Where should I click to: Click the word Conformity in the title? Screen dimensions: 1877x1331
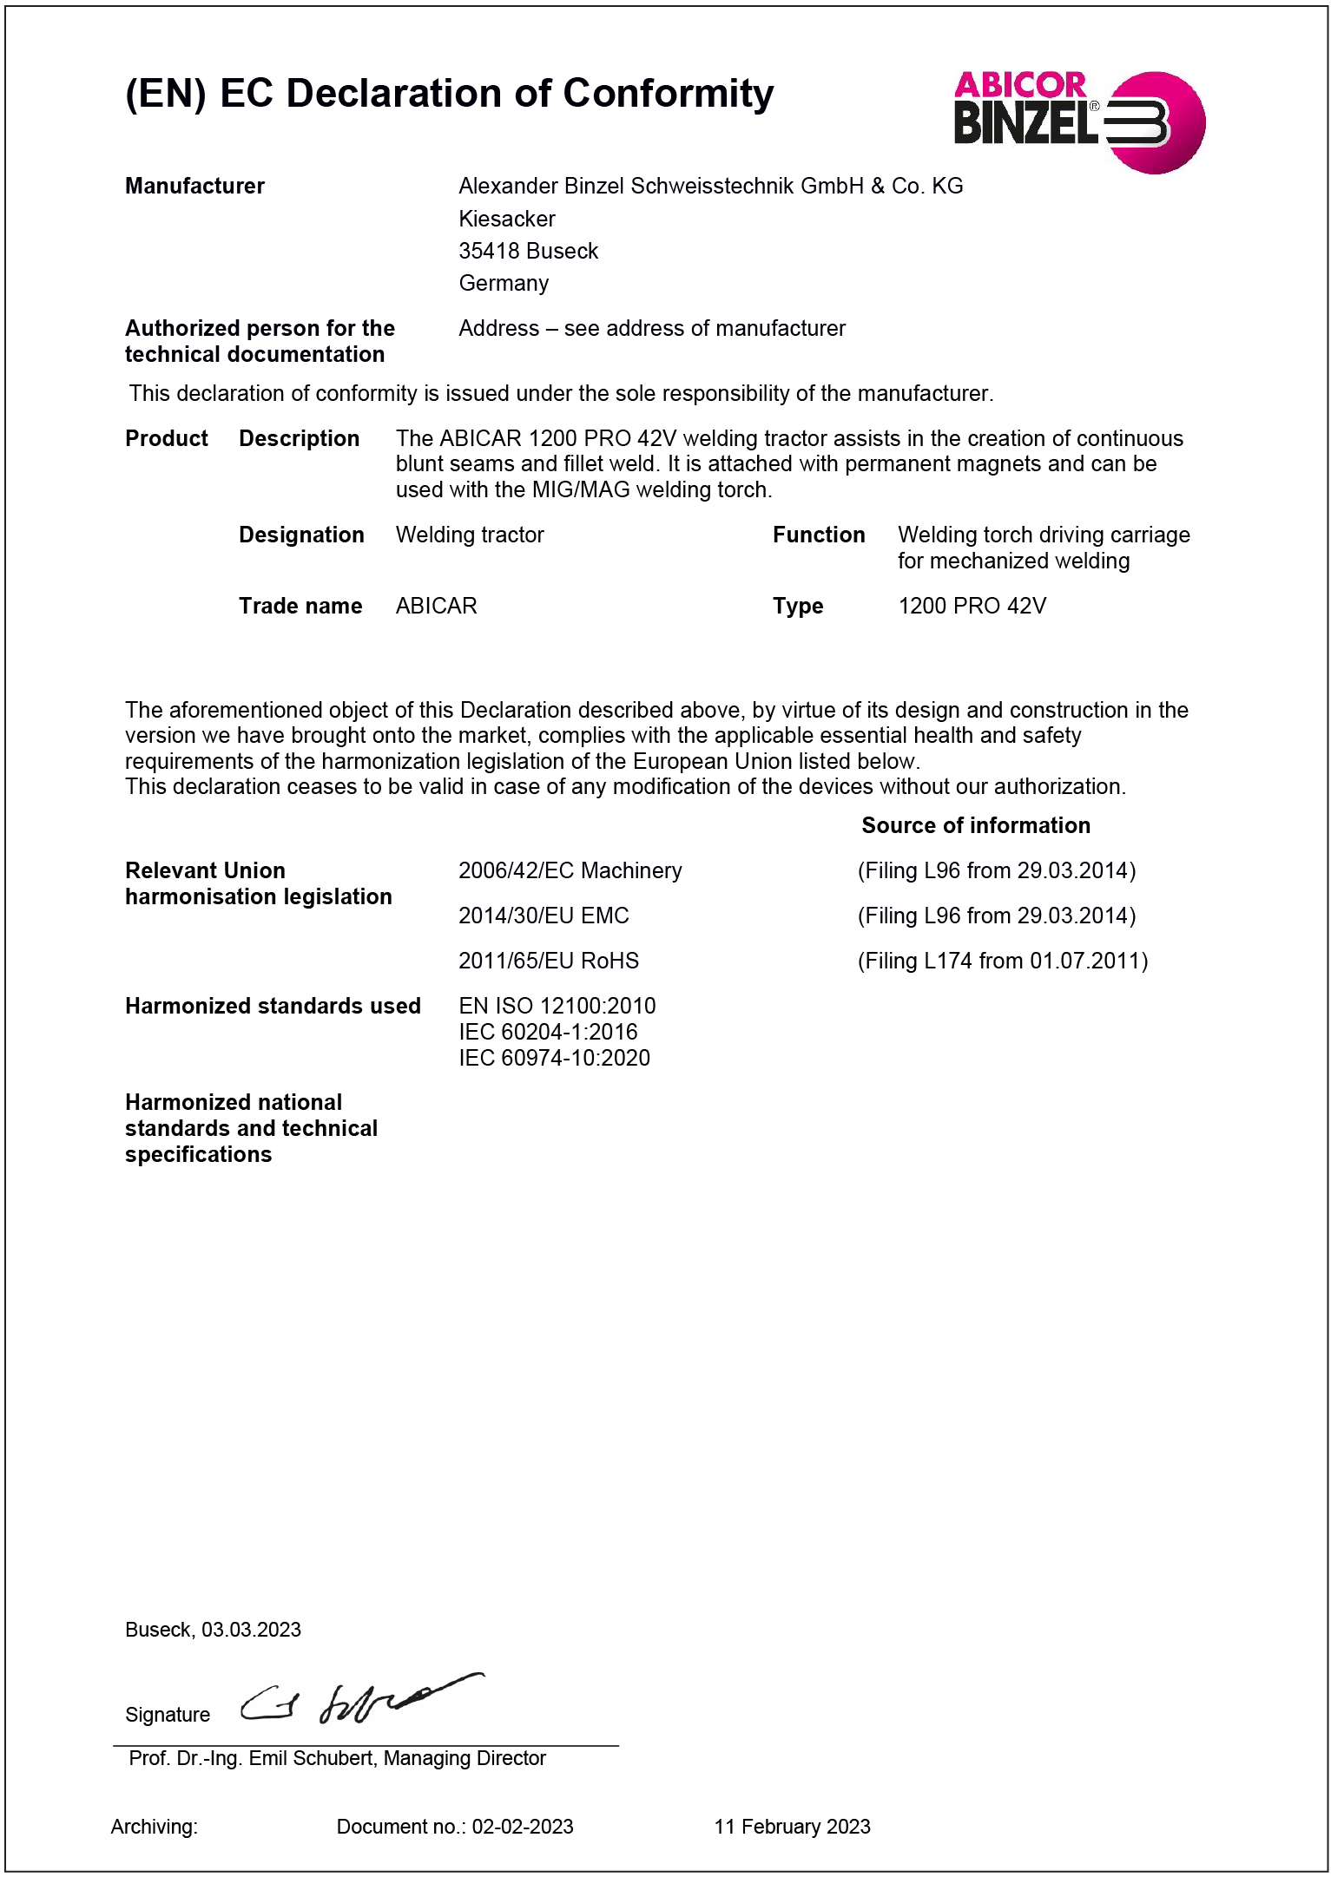click(x=668, y=94)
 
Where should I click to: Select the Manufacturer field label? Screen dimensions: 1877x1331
click(x=194, y=186)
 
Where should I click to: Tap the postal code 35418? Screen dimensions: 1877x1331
click(x=492, y=251)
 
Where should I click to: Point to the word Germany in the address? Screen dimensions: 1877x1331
click(x=504, y=283)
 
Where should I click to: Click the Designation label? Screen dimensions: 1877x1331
click(x=301, y=535)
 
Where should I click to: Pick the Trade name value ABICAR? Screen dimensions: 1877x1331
click(x=436, y=606)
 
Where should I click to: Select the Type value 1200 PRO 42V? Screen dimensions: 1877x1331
click(x=972, y=606)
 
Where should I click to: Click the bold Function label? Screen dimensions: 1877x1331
click(x=818, y=535)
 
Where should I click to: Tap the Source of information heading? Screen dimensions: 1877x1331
click(x=975, y=825)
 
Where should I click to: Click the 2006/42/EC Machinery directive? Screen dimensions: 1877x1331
click(x=570, y=870)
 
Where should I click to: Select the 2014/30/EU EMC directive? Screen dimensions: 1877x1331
click(x=544, y=916)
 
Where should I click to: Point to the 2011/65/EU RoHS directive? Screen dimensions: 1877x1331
click(x=548, y=961)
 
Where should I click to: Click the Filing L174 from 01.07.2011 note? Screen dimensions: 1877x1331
click(x=1002, y=961)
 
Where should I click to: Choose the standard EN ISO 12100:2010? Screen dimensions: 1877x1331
click(x=557, y=1006)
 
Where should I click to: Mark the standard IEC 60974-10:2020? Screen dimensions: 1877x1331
click(x=554, y=1058)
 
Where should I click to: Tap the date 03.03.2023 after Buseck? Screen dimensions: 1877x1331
click(x=251, y=1630)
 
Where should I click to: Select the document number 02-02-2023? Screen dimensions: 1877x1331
click(x=522, y=1827)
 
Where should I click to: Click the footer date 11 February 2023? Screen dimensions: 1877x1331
click(x=792, y=1827)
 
